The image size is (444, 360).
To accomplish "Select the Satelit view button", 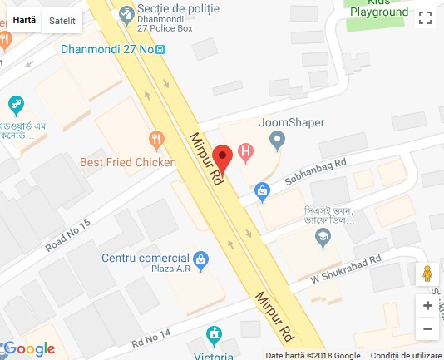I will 62,19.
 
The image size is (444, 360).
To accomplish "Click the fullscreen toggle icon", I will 425,18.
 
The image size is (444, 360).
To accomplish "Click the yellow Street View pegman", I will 427,274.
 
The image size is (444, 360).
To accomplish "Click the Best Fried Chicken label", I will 128,162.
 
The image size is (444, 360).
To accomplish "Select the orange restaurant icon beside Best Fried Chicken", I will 154,140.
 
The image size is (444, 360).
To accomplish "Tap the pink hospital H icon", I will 245,151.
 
